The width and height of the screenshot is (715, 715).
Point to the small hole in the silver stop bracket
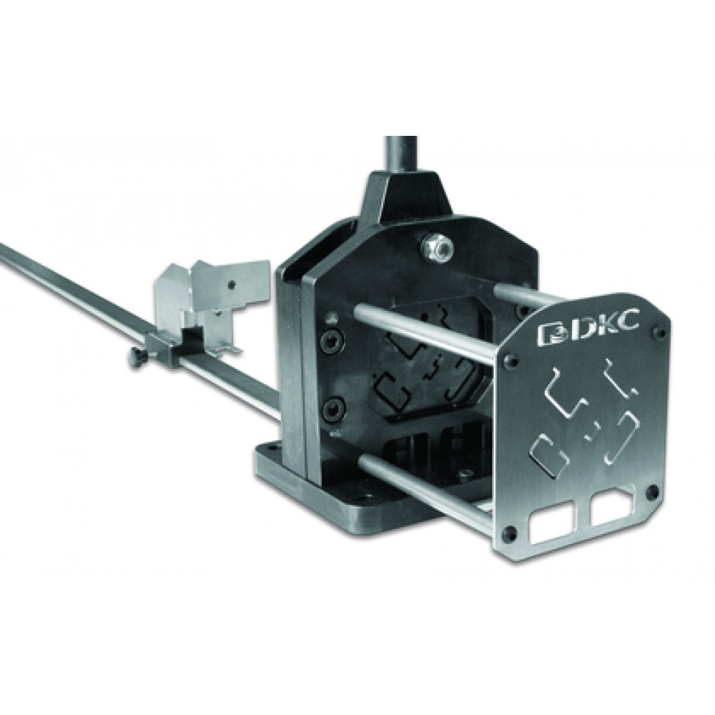[231, 285]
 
